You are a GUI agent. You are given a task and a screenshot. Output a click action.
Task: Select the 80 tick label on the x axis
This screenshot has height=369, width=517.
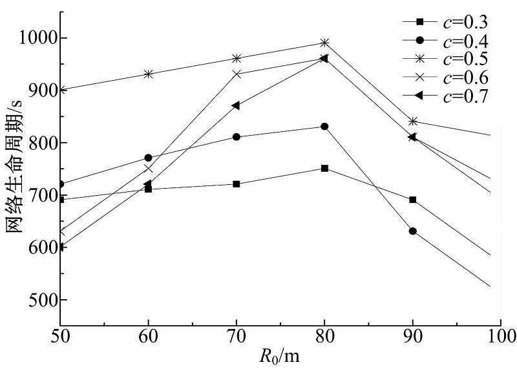coord(324,336)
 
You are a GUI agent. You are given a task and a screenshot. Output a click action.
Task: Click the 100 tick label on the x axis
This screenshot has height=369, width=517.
coord(499,336)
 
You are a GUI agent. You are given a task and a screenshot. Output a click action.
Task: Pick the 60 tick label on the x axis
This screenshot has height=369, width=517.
coord(149,336)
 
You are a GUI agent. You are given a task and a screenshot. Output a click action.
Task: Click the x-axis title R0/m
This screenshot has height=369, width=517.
coord(279,355)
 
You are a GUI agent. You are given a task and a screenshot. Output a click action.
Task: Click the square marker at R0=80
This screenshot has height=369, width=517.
coord(324,168)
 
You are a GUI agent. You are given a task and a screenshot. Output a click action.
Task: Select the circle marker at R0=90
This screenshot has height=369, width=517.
coord(412,231)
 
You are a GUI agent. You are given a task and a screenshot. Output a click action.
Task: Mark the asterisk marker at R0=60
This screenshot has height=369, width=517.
coord(149,74)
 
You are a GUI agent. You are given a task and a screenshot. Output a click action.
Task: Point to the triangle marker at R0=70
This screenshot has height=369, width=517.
coord(236,105)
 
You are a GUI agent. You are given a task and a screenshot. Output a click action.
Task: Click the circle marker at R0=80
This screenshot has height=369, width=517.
coord(324,127)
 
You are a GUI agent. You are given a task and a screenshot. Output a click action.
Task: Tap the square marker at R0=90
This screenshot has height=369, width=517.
coord(412,200)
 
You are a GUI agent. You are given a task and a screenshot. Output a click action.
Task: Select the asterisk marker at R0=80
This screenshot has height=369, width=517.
coord(324,43)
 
